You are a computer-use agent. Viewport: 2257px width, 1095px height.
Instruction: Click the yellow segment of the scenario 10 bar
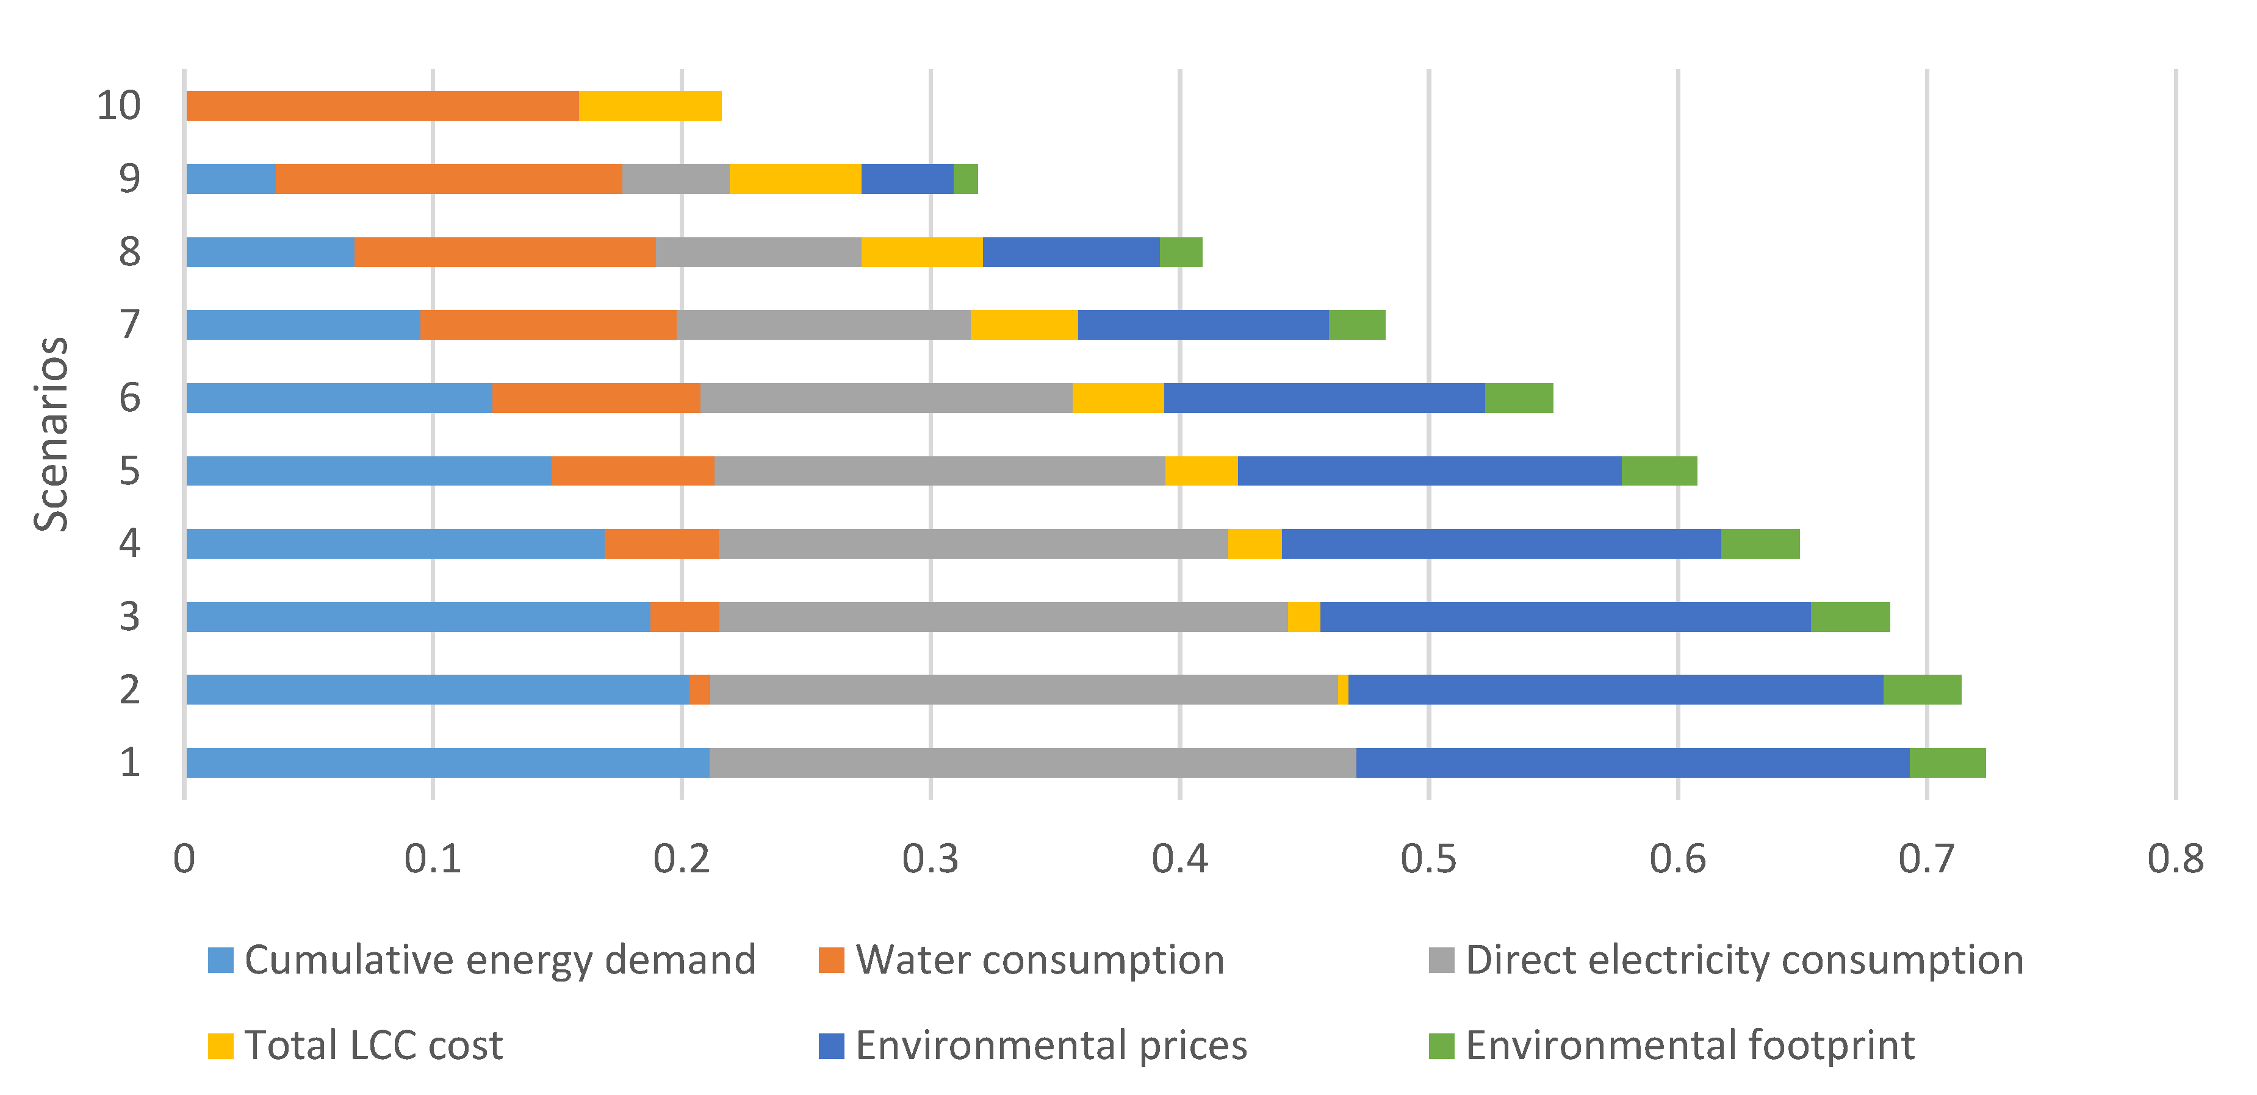point(650,106)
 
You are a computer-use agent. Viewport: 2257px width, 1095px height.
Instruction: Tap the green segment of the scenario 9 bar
point(965,179)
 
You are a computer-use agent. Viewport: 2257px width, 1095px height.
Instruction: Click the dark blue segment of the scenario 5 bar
point(1429,470)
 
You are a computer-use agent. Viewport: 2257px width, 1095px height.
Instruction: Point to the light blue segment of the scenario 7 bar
point(303,325)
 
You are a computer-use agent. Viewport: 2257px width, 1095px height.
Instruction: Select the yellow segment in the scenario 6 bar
point(1118,398)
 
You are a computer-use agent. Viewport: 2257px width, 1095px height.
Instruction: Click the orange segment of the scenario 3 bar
point(684,617)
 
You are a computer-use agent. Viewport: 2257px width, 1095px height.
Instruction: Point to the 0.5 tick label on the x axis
point(1428,860)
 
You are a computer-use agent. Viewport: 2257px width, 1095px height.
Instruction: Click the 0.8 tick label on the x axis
point(2175,860)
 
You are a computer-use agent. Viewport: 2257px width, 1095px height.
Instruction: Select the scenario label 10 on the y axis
point(118,106)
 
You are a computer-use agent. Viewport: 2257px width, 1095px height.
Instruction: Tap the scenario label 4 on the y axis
point(130,544)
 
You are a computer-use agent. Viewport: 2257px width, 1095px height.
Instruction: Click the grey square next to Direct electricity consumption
point(1441,960)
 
